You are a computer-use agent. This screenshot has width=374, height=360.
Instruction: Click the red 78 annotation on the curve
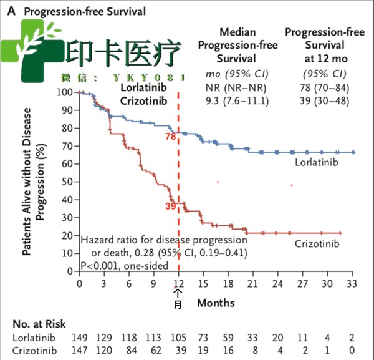click(170, 136)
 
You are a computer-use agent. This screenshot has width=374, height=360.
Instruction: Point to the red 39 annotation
click(170, 205)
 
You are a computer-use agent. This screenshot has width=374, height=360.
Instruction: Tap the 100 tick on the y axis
click(65, 92)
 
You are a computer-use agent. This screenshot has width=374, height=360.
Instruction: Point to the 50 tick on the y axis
click(67, 182)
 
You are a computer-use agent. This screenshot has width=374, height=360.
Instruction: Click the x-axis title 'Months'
click(216, 303)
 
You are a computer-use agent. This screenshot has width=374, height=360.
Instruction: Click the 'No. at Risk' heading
click(39, 325)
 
